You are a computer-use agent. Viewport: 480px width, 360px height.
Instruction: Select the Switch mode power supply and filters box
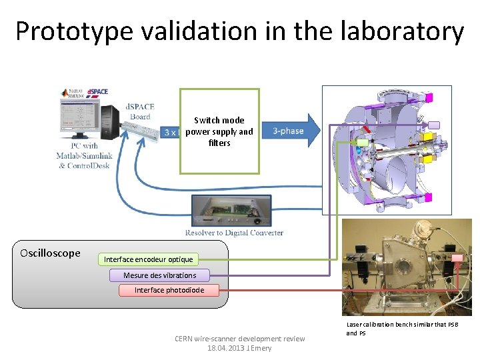pos(219,131)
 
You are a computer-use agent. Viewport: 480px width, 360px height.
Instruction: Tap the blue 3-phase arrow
pos(291,131)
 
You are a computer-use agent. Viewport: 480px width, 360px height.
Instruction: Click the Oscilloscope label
pos(50,253)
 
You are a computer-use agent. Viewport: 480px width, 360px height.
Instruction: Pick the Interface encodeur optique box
pos(148,259)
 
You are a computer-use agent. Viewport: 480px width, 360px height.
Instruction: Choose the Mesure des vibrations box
pos(159,275)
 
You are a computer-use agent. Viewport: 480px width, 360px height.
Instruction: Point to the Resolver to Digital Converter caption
pos(234,233)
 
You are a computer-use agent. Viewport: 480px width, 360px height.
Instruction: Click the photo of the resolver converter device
pos(231,210)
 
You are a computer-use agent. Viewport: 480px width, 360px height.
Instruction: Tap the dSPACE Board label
pos(140,111)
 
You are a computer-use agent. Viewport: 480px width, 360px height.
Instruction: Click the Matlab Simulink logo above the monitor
pos(71,93)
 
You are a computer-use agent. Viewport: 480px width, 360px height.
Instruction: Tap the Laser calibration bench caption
pos(402,328)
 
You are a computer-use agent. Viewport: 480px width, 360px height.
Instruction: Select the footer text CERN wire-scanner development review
pos(239,339)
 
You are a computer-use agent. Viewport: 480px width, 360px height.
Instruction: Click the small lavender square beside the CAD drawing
pos(433,125)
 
